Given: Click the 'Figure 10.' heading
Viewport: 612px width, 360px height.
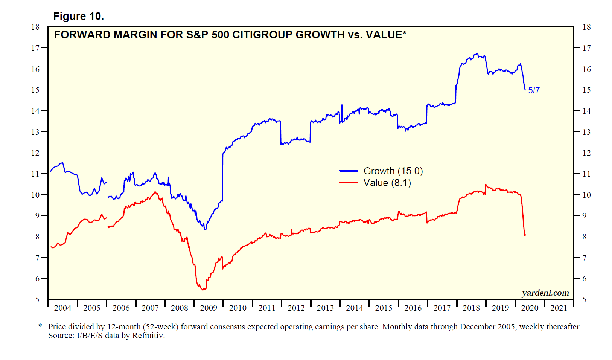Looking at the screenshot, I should [x=78, y=17].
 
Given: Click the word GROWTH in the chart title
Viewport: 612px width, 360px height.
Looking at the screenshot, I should [x=320, y=35].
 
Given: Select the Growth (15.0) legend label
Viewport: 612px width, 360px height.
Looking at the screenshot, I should [x=393, y=171].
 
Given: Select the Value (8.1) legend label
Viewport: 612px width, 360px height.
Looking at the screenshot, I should [x=387, y=183].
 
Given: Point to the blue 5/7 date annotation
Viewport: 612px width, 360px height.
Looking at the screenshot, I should [x=534, y=90].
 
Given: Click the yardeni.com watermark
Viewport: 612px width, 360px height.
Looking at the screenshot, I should [x=545, y=293].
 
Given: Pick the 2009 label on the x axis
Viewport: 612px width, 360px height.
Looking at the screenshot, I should [x=209, y=308].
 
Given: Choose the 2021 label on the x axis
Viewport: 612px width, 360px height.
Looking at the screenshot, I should [x=559, y=308].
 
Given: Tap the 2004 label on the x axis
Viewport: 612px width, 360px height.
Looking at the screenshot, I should [x=62, y=308].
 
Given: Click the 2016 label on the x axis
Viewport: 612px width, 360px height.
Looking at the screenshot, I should [x=413, y=308].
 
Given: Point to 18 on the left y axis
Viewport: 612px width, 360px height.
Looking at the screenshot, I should [x=35, y=27].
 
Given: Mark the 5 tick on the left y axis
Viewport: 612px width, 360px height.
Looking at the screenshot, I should [x=37, y=300].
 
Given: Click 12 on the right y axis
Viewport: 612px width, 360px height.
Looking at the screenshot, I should [x=586, y=153].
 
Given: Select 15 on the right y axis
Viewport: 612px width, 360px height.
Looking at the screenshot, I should [x=586, y=90].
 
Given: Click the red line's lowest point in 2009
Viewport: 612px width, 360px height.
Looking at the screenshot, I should [x=203, y=290].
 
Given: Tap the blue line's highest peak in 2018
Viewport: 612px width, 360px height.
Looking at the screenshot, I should [x=477, y=53].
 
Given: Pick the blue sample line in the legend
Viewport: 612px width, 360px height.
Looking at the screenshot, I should [x=349, y=171].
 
